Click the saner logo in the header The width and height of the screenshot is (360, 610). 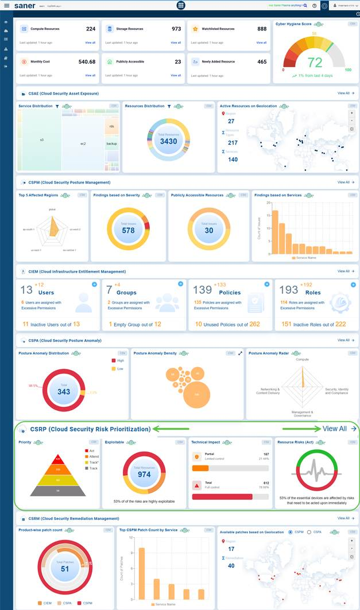pos(25,5)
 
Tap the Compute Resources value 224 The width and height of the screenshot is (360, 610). pos(91,29)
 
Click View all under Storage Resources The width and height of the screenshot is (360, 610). pos(176,42)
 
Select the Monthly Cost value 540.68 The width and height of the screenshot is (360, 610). pos(87,61)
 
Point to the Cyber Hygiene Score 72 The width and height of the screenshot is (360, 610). pos(315,63)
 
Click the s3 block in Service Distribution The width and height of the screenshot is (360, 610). pos(42,139)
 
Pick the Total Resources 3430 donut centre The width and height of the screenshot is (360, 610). pos(169,141)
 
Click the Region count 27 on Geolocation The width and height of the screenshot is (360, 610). pos(231,121)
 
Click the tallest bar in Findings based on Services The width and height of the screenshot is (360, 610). pos(275,232)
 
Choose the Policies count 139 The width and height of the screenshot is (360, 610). pos(202,290)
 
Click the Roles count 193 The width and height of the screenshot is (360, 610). pos(288,290)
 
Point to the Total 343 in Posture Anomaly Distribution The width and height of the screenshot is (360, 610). pos(64,392)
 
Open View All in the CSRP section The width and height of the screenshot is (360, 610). pos(334,429)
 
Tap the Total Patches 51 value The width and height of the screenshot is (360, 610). pos(65,569)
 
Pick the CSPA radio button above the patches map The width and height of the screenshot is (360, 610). pos(309,532)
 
